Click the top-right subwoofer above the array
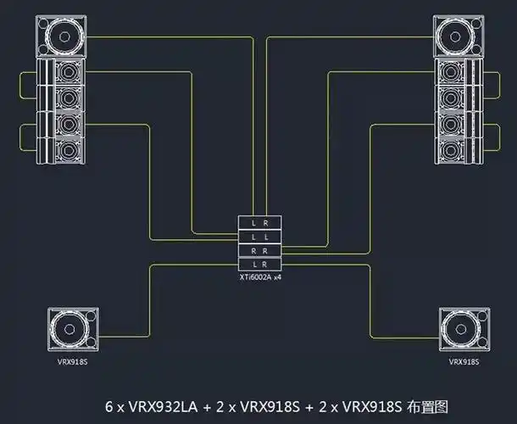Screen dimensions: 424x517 coord(459,36)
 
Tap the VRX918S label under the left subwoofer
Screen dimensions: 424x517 coord(73,361)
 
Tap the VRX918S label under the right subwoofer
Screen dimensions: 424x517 coord(464,361)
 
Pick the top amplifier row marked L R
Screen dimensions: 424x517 coord(260,222)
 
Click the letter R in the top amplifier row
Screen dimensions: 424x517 coord(267,222)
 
